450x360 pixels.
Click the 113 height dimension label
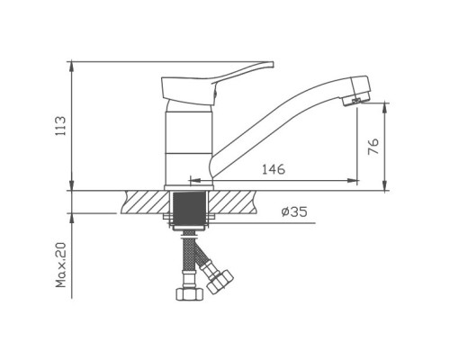(60, 126)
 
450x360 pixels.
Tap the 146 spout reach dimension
(274, 170)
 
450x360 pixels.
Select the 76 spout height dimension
(373, 147)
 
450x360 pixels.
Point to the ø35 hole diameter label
(294, 212)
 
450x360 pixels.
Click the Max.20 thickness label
(61, 265)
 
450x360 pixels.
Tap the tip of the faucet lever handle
(273, 64)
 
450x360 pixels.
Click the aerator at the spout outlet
(355, 102)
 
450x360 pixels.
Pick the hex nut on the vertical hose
(189, 293)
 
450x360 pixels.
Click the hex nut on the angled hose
(220, 282)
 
